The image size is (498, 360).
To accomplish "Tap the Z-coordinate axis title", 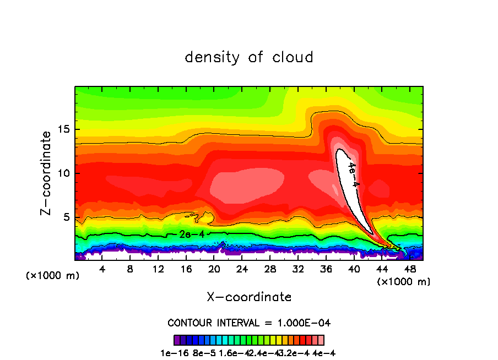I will click(x=48, y=172).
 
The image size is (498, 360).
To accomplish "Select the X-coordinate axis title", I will click(x=249, y=297).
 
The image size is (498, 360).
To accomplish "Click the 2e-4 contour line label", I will click(x=192, y=234).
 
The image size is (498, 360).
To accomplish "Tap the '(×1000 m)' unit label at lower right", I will click(x=404, y=282).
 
